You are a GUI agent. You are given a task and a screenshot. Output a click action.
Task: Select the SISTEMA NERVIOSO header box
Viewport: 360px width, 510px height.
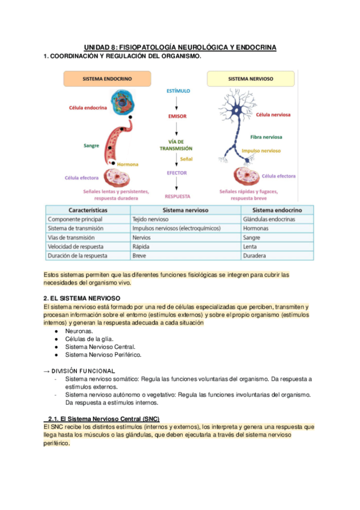coord(251,79)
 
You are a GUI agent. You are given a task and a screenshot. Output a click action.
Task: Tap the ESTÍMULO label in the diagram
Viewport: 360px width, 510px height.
coord(178,91)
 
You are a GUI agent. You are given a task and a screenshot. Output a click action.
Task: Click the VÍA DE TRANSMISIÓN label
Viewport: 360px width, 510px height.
coord(176,144)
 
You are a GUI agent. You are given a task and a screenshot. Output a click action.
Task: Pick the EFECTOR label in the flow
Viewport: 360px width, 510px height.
coord(177,173)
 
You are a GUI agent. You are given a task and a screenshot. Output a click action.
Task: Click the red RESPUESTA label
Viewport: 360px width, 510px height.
coord(177,196)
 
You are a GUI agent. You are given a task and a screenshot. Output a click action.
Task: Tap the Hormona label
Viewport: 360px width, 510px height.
coord(129,164)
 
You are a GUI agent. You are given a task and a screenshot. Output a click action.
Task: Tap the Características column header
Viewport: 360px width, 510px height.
coord(88,210)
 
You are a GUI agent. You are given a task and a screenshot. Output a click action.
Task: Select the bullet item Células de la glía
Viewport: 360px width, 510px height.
coord(90,339)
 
